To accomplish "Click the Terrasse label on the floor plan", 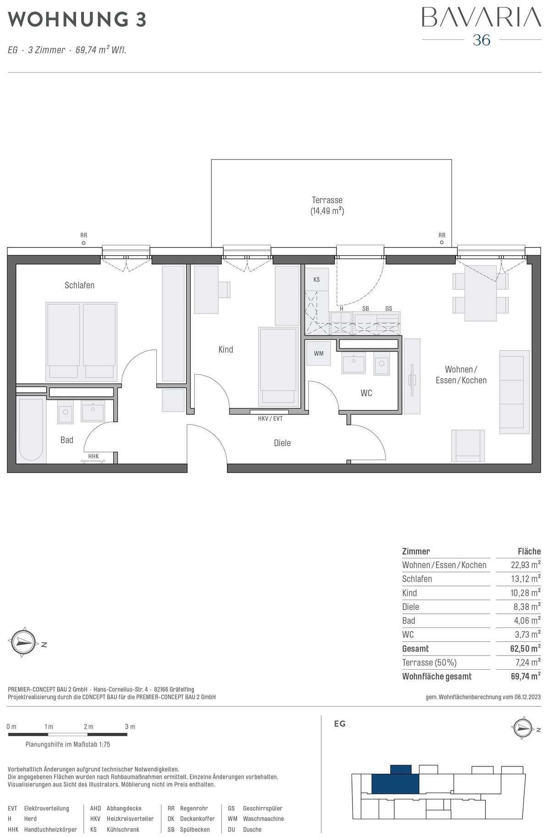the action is [x=327, y=200].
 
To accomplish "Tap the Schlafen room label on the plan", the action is [x=79, y=285].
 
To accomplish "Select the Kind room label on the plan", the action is [x=225, y=349].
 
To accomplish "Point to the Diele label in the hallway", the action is [x=282, y=443].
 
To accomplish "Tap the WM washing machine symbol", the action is [x=319, y=353].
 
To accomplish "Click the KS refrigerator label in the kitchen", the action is [x=317, y=280].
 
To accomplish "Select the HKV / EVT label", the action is [x=270, y=418].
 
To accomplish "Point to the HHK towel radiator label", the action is [x=93, y=456].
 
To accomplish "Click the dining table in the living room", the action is [x=480, y=293].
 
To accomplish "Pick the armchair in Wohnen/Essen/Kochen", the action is [x=468, y=446].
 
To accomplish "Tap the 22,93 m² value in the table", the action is [x=526, y=565].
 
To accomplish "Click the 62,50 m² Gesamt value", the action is [x=525, y=649].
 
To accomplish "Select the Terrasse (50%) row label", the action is [x=429, y=662].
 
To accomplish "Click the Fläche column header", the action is [x=529, y=551].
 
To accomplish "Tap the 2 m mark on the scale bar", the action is [x=88, y=727].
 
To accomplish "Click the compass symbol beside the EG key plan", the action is [x=523, y=727].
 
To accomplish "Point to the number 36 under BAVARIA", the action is [x=482, y=40].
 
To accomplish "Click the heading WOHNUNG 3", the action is [x=77, y=20].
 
